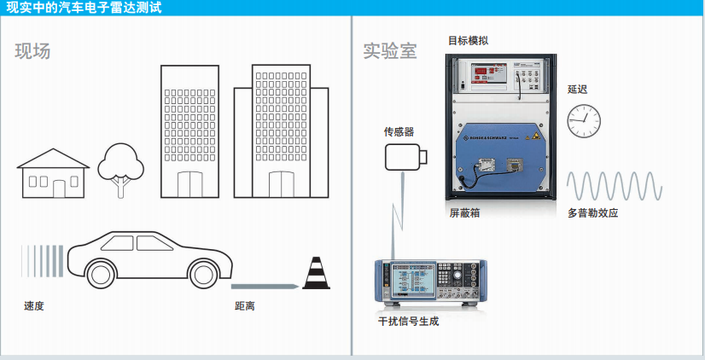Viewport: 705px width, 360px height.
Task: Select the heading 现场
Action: [x=32, y=51]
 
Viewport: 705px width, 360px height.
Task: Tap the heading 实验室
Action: [x=389, y=51]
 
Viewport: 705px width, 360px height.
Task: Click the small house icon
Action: [x=54, y=174]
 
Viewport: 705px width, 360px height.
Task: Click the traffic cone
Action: [x=316, y=274]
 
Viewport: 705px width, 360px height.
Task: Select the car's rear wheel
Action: [x=100, y=272]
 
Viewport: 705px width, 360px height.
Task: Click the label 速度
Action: [x=34, y=305]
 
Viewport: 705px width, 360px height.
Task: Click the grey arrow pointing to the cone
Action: [x=265, y=286]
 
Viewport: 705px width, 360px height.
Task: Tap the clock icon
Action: [x=585, y=121]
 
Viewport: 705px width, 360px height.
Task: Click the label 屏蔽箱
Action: [x=464, y=212]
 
